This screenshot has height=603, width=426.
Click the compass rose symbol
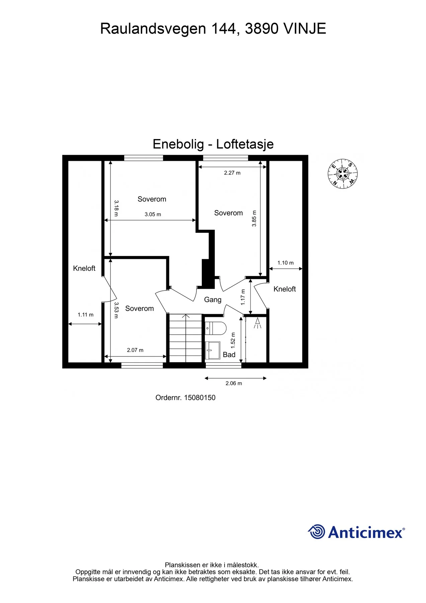[343, 174]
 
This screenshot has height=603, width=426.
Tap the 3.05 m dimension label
[153, 214]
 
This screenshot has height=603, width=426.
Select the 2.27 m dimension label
[232, 173]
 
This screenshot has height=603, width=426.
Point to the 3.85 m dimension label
[254, 218]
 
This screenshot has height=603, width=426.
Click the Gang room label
[213, 299]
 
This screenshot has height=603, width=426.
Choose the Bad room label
[229, 354]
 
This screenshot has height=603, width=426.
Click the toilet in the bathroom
[216, 328]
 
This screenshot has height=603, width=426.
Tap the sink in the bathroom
[212, 350]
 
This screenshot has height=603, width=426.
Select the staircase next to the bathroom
[186, 338]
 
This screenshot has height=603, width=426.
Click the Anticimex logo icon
[317, 532]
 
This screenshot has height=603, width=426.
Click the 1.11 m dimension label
[85, 315]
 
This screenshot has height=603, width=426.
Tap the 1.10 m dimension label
[285, 263]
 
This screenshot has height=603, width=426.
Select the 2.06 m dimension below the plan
[234, 383]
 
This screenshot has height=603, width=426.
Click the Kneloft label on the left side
[84, 268]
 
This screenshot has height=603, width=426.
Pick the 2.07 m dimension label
[135, 350]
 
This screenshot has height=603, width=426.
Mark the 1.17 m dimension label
[243, 297]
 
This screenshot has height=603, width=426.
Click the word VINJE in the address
[305, 29]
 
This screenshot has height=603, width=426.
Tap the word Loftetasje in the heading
[245, 144]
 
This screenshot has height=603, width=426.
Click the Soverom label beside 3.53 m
[140, 309]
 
